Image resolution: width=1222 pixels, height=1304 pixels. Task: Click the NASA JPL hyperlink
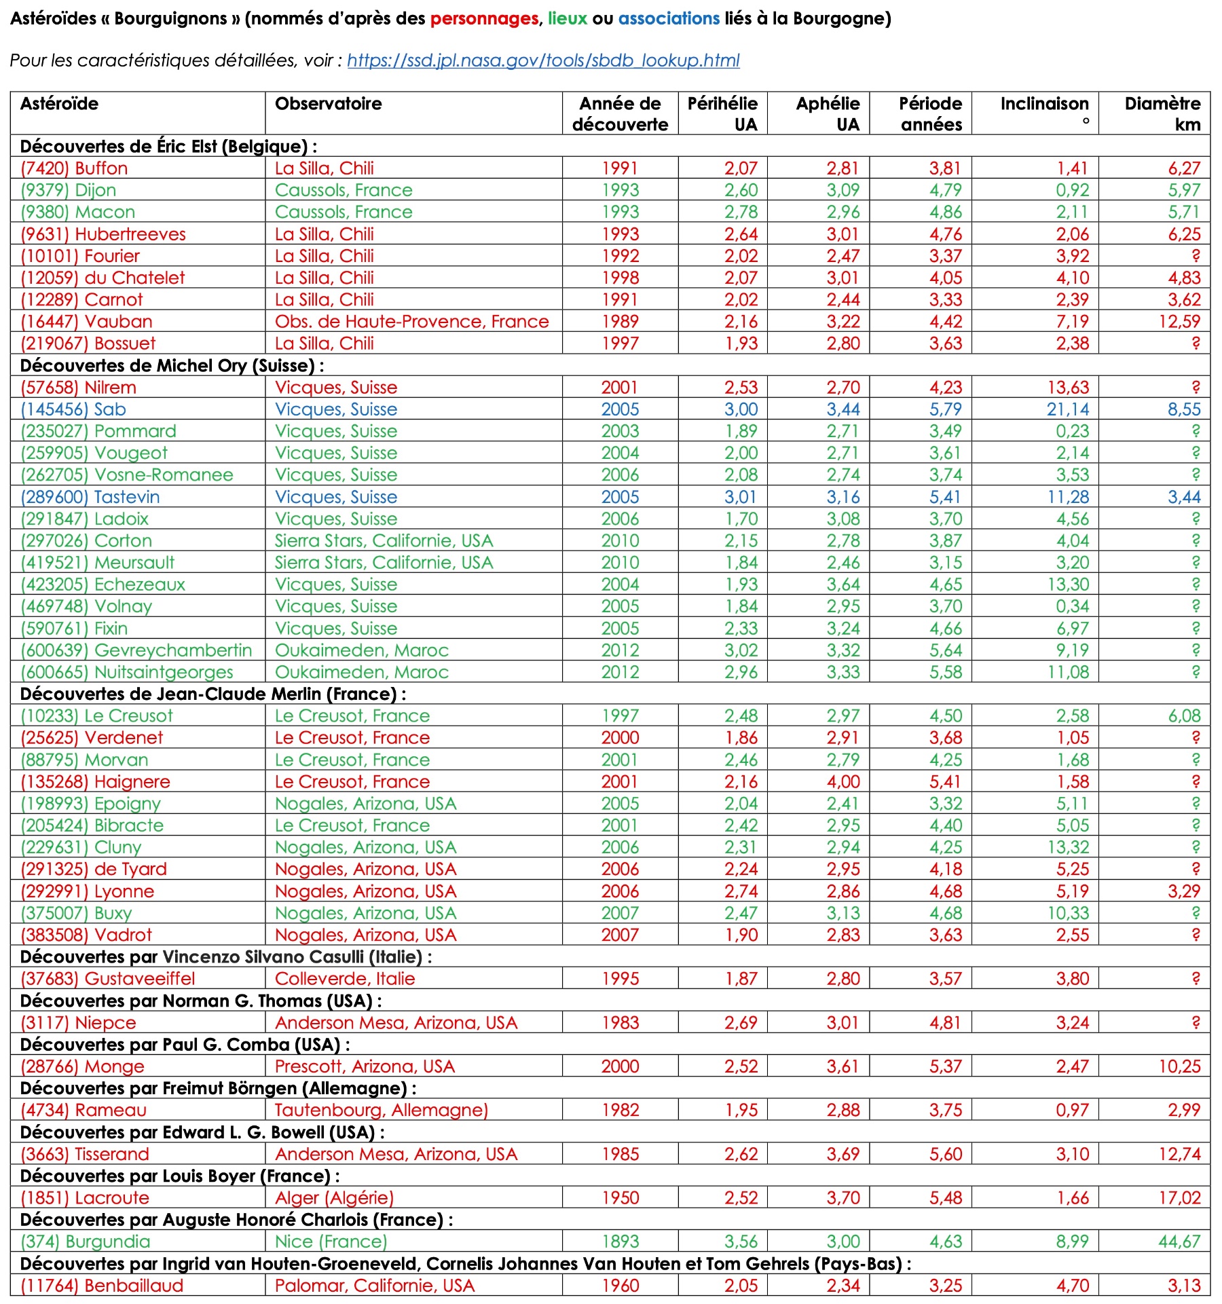543,60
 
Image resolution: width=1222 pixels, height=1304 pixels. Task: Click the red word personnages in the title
484,18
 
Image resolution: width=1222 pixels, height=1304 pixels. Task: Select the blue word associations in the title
669,18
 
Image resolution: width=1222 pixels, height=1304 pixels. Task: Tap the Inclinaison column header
1044,104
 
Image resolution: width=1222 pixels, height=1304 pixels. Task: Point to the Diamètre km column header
1162,113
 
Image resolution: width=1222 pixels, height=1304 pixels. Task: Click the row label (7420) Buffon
74,168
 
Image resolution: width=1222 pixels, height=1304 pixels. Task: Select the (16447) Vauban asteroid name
86,322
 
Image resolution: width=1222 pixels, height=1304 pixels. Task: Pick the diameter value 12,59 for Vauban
1179,322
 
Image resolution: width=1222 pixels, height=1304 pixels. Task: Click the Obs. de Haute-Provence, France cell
411,322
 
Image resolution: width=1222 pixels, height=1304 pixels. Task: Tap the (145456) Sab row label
73,409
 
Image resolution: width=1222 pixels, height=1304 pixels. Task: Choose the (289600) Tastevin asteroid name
90,497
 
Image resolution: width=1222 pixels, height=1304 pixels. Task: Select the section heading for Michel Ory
172,366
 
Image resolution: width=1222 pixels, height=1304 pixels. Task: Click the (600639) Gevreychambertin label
136,650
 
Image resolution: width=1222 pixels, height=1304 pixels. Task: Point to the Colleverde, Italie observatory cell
345,979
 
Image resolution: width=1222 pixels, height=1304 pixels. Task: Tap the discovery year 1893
621,1242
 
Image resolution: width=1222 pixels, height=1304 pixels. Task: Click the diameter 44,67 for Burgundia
1179,1242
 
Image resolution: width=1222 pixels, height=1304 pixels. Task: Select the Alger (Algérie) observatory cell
334,1198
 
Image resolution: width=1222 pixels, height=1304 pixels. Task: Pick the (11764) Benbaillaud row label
102,1286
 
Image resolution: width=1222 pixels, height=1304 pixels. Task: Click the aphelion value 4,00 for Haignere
843,782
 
